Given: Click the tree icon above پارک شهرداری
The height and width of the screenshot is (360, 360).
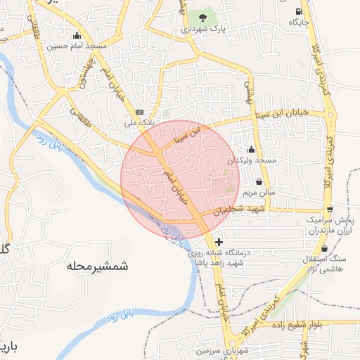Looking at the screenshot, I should point(203,17).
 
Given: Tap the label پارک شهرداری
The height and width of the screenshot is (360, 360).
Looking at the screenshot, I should point(205,30).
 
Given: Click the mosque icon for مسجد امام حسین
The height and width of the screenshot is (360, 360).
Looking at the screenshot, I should point(77,35).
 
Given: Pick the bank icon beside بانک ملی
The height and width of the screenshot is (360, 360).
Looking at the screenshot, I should point(139,112).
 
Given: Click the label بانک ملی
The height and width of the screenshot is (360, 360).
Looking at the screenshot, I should point(139,122).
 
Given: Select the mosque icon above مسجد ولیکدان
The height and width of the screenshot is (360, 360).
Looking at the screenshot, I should point(252,149).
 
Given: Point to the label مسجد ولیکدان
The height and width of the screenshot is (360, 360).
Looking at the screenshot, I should point(256,161).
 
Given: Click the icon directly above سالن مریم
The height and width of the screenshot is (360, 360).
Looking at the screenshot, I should point(259,181).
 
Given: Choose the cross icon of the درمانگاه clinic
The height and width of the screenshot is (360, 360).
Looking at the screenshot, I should point(219,242).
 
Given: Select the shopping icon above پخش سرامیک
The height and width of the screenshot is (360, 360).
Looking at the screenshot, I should point(329,209).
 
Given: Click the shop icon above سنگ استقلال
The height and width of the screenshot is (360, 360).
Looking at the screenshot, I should point(324,249).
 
